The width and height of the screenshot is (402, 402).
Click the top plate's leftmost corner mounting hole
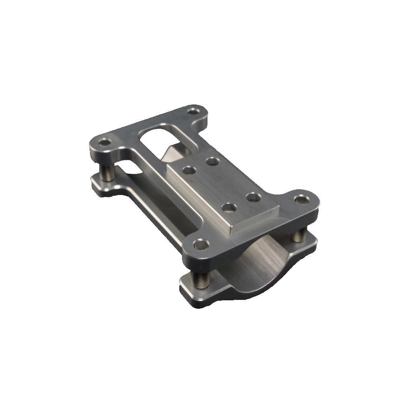click(105, 142)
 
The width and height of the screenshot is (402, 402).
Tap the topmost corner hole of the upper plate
click(196, 110)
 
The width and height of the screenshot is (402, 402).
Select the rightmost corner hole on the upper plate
click(301, 199)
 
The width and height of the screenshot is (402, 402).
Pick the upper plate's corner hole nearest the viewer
click(201, 244)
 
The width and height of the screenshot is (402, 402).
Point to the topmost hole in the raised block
click(213, 161)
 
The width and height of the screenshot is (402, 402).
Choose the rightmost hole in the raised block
click(253, 197)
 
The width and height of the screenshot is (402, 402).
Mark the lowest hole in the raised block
click(229, 207)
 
